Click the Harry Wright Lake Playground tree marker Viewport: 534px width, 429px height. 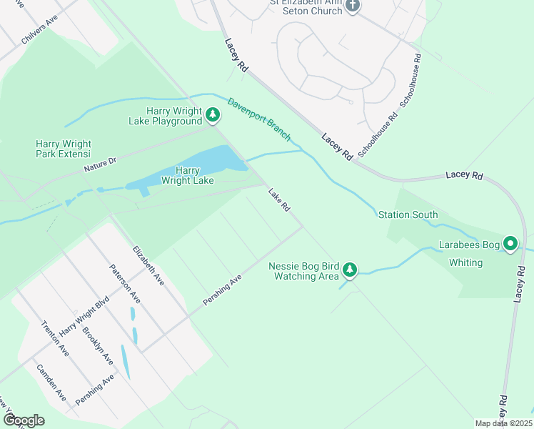pos(212,114)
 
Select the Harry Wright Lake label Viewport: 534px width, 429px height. pos(188,175)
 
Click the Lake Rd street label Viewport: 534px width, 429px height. pos(279,199)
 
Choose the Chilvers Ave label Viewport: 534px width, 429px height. pos(39,31)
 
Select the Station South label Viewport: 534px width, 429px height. pos(408,214)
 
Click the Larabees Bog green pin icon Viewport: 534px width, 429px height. pos(510,245)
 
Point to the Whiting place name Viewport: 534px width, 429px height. pos(465,262)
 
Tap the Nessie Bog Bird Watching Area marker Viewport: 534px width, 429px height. pos(349,270)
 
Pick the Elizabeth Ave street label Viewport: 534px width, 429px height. pos(148,265)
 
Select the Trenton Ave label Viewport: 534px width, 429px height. pos(54,338)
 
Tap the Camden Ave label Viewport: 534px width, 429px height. pos(51,382)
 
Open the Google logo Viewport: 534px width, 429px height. pos(24,420)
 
